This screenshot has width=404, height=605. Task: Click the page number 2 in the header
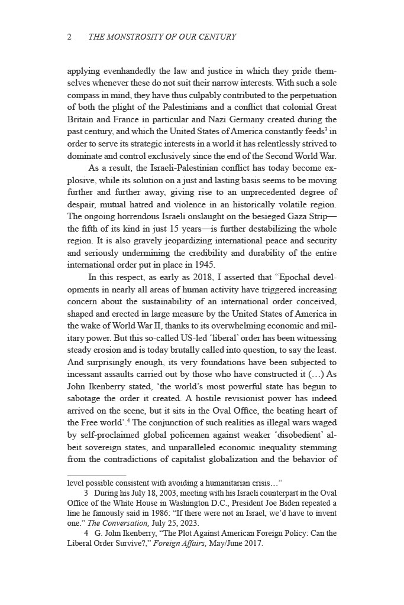[x=70, y=37]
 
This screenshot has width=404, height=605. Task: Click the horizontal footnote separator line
[x=97, y=474]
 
